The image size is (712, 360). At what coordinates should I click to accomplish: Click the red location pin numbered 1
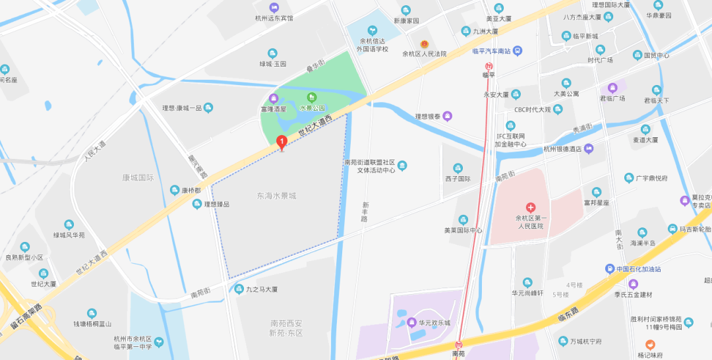coord(282,141)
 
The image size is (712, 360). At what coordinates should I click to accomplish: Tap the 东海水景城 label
coord(276,196)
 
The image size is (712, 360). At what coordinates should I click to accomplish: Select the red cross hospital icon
coord(531,208)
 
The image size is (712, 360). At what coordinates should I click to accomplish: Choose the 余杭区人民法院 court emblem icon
coord(425,44)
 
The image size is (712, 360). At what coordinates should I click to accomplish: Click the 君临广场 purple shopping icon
coord(612,87)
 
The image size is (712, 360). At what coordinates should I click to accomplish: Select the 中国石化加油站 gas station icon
coord(610,268)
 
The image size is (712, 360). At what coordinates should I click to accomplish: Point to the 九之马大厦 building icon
coord(238,288)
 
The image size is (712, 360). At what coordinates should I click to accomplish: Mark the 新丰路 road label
coord(364,211)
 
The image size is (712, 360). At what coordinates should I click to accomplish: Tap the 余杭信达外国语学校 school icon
coord(372,30)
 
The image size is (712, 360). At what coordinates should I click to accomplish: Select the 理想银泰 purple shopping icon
coord(448,117)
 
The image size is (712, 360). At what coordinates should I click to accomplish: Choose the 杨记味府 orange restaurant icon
coord(650,344)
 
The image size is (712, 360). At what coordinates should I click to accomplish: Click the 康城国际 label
coord(138,177)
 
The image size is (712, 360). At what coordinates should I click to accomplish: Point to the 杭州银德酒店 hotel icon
coord(589,148)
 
